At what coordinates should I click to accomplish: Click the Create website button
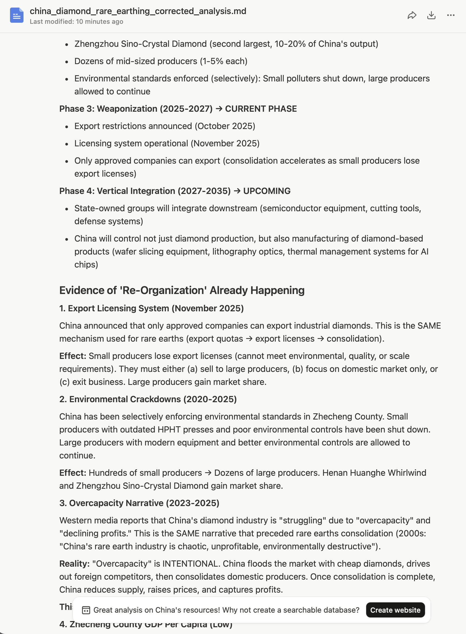395,610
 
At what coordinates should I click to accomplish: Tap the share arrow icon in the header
412,15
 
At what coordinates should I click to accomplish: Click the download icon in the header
431,15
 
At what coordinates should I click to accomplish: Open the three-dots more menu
451,15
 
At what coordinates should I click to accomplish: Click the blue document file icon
17,15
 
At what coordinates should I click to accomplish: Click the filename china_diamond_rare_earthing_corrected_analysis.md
138,11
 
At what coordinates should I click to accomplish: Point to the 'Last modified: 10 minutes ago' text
76,22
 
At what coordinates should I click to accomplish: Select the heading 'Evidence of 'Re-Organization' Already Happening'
182,290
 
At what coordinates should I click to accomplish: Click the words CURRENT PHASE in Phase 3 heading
261,109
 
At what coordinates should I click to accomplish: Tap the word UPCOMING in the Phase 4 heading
267,191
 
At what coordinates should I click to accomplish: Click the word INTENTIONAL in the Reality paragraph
191,563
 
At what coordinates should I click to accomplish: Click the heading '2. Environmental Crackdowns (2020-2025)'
148,399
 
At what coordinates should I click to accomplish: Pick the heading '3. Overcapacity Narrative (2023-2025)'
139,503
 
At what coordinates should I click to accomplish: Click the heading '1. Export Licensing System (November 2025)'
151,308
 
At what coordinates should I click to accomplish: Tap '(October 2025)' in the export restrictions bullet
225,126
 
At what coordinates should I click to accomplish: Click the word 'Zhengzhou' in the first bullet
96,44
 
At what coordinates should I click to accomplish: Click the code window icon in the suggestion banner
86,610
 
